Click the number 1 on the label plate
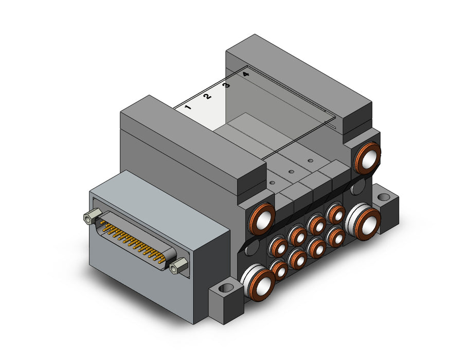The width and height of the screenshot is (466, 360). click(x=188, y=107)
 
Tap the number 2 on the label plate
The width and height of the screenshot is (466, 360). click(x=207, y=96)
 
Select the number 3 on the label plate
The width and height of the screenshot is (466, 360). click(x=226, y=85)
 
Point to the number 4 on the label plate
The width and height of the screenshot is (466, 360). click(x=245, y=75)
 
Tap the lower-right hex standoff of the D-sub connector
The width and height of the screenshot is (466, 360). click(x=178, y=266)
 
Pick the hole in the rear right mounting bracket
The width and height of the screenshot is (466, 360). click(x=385, y=197)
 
